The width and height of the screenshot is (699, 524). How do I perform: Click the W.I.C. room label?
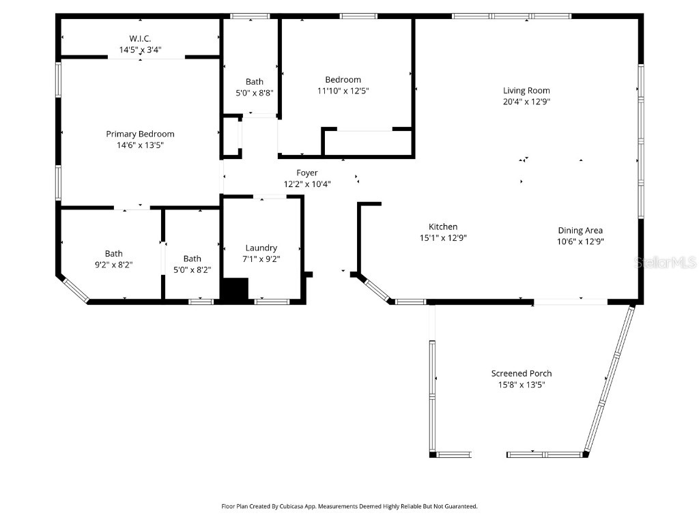pos(140,38)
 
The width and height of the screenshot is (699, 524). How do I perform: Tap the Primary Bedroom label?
pos(140,134)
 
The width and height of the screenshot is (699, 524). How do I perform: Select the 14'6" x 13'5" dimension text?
pos(140,145)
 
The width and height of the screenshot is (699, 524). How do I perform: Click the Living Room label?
pos(526,91)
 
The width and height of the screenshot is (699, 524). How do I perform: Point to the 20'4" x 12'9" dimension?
pos(526,102)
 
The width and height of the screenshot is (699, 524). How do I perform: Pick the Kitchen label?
pos(443,227)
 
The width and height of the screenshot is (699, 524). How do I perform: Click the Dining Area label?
pos(580,231)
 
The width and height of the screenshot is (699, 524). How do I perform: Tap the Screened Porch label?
pos(522,373)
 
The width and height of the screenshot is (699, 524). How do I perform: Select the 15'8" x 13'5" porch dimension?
pos(522,385)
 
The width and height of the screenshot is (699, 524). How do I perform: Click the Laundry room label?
pos(261,248)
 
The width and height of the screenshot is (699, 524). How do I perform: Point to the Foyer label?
pos(307,173)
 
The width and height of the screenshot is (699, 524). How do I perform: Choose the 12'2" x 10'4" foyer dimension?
pos(307,184)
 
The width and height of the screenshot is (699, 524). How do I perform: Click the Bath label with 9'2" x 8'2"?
pos(114,254)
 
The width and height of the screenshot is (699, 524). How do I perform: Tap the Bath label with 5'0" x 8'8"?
pos(255,82)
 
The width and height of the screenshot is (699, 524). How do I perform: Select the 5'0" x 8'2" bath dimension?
pos(192,270)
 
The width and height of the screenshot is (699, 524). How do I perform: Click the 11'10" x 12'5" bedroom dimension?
pos(343,91)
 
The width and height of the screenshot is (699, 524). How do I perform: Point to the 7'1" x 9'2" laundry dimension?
pos(261,259)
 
